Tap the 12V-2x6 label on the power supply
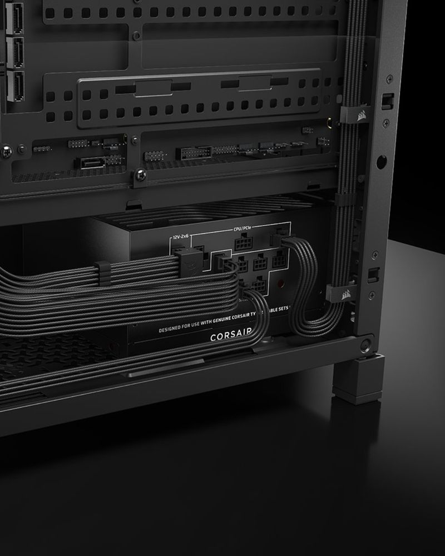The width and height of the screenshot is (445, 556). click(181, 237)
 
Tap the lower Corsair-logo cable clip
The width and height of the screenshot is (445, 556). click(340, 292)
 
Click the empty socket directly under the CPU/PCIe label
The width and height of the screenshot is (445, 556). click(243, 244)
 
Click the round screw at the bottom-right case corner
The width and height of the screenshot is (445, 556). click(365, 344)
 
